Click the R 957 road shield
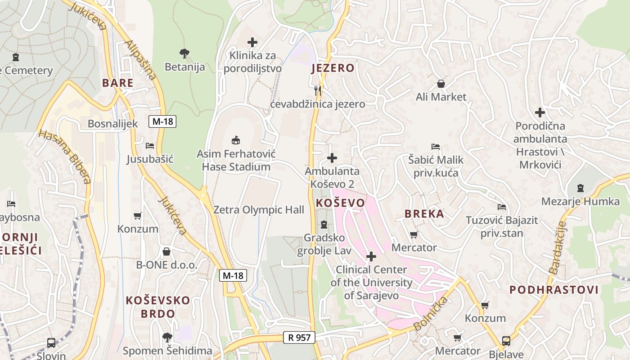click(x=299, y=337)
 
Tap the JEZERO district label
click(x=333, y=68)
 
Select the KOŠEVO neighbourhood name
click(x=340, y=203)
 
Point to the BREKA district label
click(x=424, y=214)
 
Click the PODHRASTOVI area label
click(x=554, y=290)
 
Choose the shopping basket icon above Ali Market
click(x=441, y=84)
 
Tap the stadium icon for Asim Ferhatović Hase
click(x=236, y=140)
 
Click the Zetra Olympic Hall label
click(x=259, y=210)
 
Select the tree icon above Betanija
click(x=184, y=54)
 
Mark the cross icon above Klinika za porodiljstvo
click(x=252, y=42)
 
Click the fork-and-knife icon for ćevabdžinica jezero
click(x=318, y=90)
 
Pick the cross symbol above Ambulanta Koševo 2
click(x=332, y=158)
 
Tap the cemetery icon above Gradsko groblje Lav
click(x=324, y=224)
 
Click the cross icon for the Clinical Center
click(x=371, y=256)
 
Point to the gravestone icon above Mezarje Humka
click(x=580, y=188)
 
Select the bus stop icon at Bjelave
click(x=506, y=341)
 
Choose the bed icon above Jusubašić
click(x=150, y=146)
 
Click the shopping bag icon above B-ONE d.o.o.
click(x=166, y=252)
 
